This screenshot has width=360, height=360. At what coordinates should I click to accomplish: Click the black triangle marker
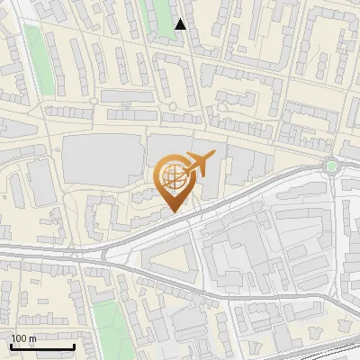[181, 24]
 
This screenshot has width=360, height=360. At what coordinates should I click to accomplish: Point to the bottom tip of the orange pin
[174, 213]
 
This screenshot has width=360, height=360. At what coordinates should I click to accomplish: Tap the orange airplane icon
[198, 165]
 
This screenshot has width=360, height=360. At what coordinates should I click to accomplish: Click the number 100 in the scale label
[17, 338]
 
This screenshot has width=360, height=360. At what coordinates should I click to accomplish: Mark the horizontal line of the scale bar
[41, 346]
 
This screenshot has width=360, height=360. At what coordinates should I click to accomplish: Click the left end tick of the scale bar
[10, 345]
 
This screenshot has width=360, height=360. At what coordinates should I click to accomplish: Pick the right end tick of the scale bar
[74, 345]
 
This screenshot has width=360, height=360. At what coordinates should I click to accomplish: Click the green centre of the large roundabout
[332, 166]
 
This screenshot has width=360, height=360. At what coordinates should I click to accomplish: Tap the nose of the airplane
[213, 159]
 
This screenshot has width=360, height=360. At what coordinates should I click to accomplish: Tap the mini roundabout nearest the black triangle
[171, 107]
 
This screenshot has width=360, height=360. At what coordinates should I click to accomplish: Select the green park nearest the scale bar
[107, 319]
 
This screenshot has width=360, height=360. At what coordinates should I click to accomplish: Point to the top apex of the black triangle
[181, 19]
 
